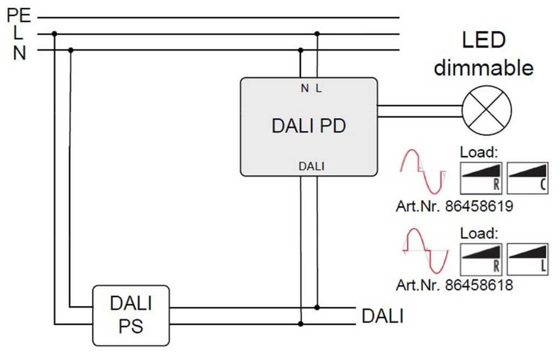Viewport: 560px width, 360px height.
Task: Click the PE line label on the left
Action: point(19,14)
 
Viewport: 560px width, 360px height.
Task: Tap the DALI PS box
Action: point(130,315)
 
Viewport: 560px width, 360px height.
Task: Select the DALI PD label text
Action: point(308,126)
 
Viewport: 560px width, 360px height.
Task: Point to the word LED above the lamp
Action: point(483,41)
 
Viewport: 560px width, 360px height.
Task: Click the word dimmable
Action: point(483,68)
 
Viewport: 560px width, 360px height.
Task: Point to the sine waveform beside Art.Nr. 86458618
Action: point(425,251)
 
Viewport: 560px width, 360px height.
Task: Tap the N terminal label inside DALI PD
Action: point(304,88)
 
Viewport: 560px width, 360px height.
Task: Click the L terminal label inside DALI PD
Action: point(318,88)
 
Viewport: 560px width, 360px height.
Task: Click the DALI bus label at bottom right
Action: point(382,316)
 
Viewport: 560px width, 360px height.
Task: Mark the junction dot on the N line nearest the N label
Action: point(71,50)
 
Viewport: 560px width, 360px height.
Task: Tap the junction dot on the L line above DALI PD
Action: point(317,34)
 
